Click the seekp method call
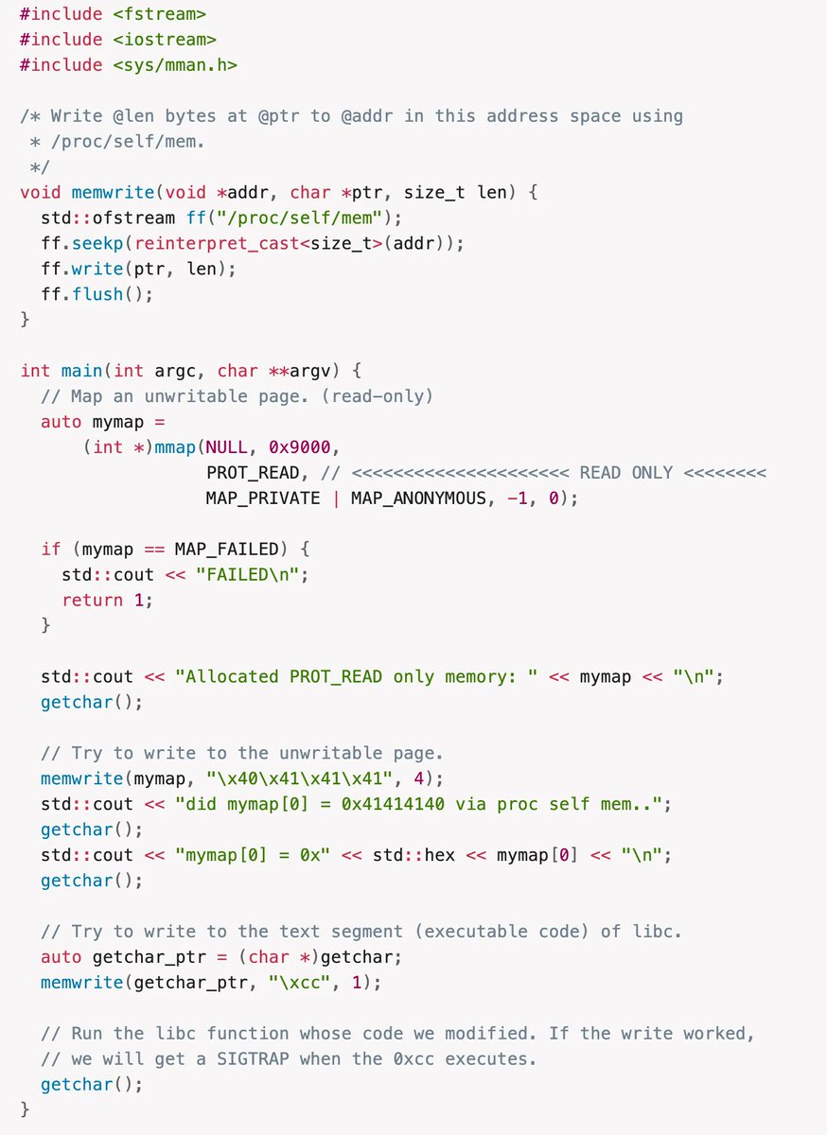coord(97,243)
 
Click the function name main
coord(81,370)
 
